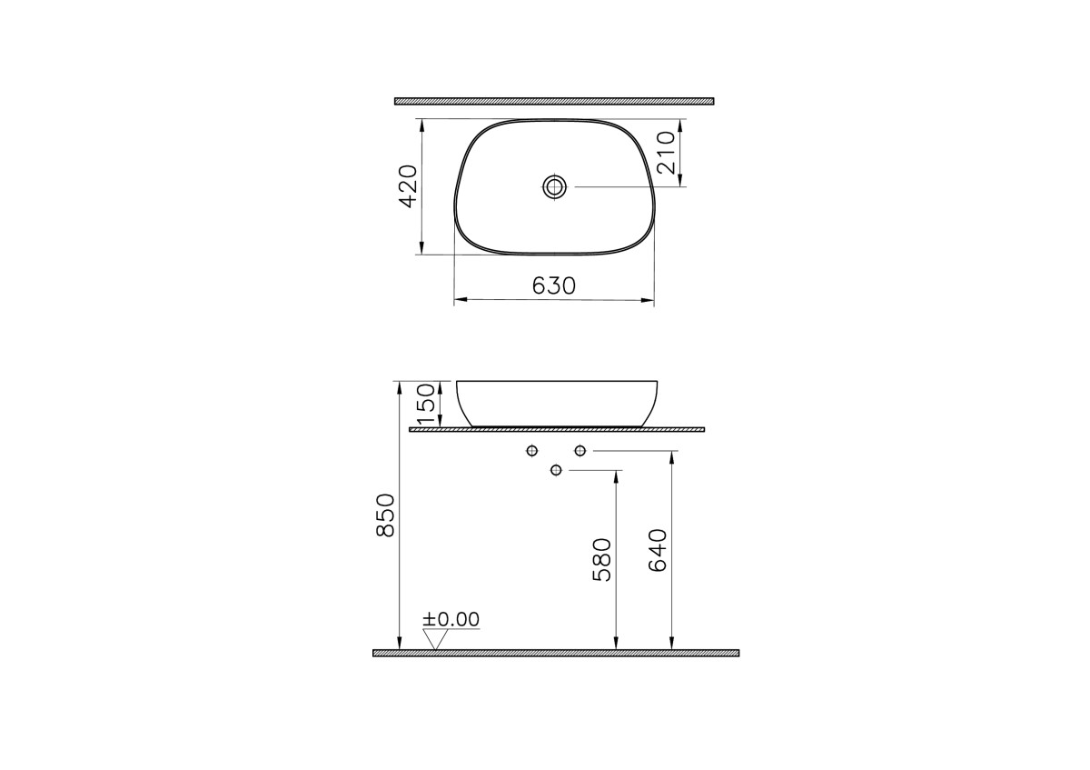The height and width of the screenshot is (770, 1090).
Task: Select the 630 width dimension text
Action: pos(553,285)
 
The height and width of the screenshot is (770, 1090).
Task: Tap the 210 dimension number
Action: pos(664,153)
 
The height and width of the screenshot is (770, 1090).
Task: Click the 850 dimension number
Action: pos(385,515)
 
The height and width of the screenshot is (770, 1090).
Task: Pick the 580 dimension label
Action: pos(603,559)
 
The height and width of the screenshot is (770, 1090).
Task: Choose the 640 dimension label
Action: pos(658,549)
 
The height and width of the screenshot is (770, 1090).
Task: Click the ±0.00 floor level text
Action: pos(451,619)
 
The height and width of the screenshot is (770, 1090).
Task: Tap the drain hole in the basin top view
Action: pos(554,187)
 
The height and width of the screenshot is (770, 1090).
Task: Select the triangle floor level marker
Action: pos(438,640)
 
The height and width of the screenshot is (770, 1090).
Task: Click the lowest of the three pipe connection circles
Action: pos(557,470)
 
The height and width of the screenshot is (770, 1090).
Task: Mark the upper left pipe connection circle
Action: pos(532,451)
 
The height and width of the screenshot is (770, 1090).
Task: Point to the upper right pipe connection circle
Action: pos(580,451)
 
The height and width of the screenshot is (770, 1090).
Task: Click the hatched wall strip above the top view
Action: pos(554,101)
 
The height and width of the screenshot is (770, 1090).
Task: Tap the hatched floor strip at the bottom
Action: pos(556,653)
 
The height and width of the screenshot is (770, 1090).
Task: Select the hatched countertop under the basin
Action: pos(556,429)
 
